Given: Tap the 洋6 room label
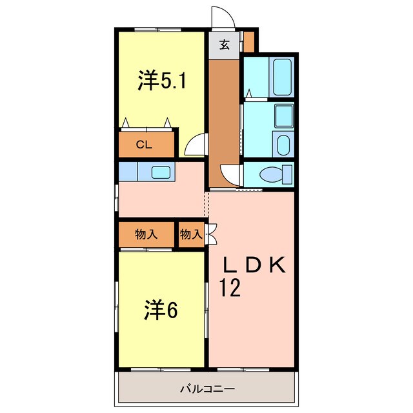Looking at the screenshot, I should pos(160,311).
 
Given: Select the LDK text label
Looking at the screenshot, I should pos(254,265).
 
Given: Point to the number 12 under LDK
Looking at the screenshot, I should pos(232,287).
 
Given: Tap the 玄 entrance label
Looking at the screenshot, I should pos(224,45).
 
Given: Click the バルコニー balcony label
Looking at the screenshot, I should pos(206,389).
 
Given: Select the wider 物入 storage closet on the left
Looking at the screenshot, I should pos(146,235).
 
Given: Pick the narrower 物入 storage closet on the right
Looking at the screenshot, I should pos(190,235).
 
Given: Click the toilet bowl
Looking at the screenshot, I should pos(274,175).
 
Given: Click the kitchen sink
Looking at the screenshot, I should pos(160,172).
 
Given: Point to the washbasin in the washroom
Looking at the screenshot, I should pos(283,116).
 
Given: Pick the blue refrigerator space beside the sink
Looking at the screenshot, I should pos(128,172).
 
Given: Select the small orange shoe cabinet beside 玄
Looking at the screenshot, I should pos(249,43).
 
